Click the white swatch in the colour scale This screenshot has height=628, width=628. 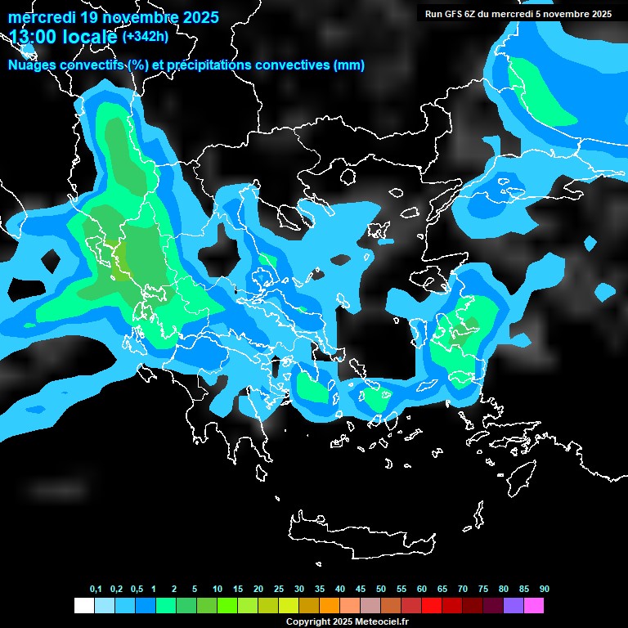click(83, 606)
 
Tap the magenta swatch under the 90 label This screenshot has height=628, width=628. click(534, 606)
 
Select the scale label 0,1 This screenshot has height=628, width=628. click(96, 590)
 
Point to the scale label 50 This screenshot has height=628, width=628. click(381, 590)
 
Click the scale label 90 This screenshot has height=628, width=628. click(545, 590)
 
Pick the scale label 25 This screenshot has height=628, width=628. click(279, 590)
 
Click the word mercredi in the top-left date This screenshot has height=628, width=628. click(43, 17)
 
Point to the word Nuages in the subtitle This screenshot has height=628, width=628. click(32, 65)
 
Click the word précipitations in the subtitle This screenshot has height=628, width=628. click(212, 65)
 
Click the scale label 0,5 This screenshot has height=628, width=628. click(137, 590)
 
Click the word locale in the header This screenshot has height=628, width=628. click(92, 37)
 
